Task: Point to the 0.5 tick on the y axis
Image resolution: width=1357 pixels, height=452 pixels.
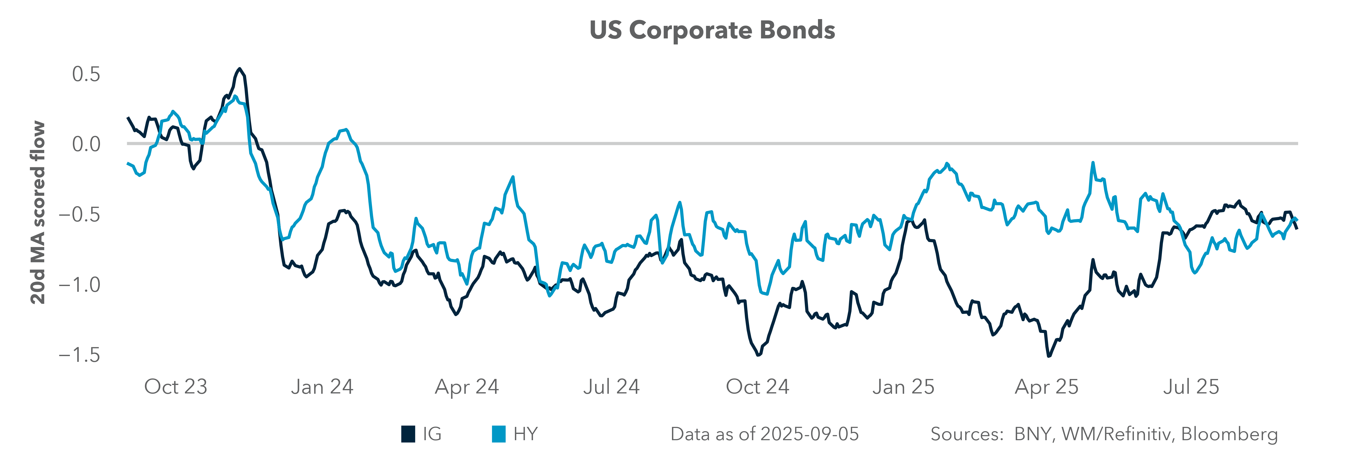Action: [x=86, y=74]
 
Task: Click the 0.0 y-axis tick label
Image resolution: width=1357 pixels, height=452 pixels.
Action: [x=86, y=144]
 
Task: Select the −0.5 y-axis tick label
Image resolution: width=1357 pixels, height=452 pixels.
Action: [x=79, y=215]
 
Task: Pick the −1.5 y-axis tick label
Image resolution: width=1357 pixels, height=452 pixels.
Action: [x=79, y=355]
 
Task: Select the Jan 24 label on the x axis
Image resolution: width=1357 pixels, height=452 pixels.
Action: [x=322, y=387]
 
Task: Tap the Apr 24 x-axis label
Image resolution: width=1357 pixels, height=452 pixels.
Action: [x=467, y=387]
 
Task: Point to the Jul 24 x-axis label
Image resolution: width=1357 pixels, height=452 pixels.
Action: [x=611, y=387]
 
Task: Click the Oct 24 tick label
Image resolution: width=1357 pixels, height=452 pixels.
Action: [x=757, y=387]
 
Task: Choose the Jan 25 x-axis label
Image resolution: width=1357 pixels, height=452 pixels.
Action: [x=903, y=387]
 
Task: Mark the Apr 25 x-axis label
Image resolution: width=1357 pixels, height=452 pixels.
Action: [x=1047, y=387]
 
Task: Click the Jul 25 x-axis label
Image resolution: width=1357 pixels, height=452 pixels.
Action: [x=1191, y=387]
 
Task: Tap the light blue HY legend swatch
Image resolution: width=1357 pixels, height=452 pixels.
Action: [x=498, y=434]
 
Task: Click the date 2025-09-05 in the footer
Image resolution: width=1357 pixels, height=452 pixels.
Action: [x=810, y=434]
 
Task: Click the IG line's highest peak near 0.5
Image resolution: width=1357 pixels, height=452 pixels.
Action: [x=240, y=69]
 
